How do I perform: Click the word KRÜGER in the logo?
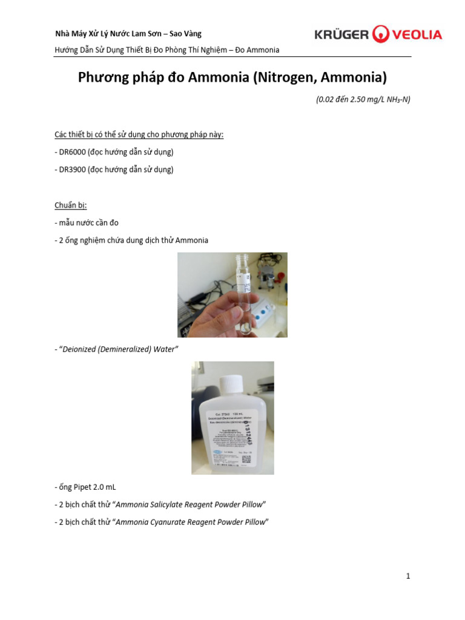(341, 35)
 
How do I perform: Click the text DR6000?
(72, 151)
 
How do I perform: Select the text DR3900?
(72, 170)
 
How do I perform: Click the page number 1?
(409, 576)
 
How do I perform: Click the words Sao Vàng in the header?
(186, 34)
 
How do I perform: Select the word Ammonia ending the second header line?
(261, 50)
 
